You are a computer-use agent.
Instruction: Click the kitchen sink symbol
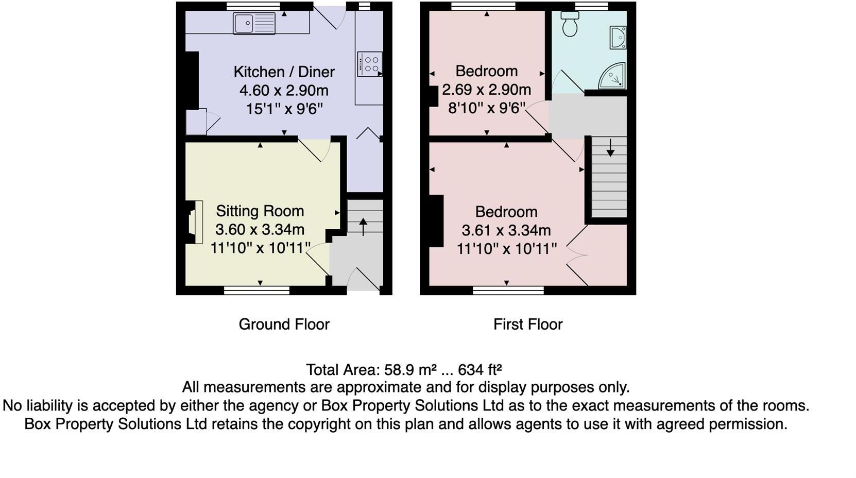pos(254,23)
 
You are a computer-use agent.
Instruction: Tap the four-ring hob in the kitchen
pos(370,64)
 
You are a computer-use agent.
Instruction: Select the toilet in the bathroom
pos(570,25)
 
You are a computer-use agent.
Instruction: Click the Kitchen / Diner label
pos(284,72)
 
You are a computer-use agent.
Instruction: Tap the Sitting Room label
pos(260,211)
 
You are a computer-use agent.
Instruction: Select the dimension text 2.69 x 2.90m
pos(486,90)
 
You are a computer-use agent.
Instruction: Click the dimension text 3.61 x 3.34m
pos(506,230)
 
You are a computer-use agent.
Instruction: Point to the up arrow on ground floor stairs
pos(363,226)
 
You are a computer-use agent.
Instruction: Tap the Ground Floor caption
pos(284,324)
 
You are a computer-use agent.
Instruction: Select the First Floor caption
pos(528,324)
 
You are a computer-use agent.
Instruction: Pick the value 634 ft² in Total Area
pos(480,370)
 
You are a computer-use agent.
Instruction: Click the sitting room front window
pos(256,291)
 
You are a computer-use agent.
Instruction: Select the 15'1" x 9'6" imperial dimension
pos(284,109)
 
